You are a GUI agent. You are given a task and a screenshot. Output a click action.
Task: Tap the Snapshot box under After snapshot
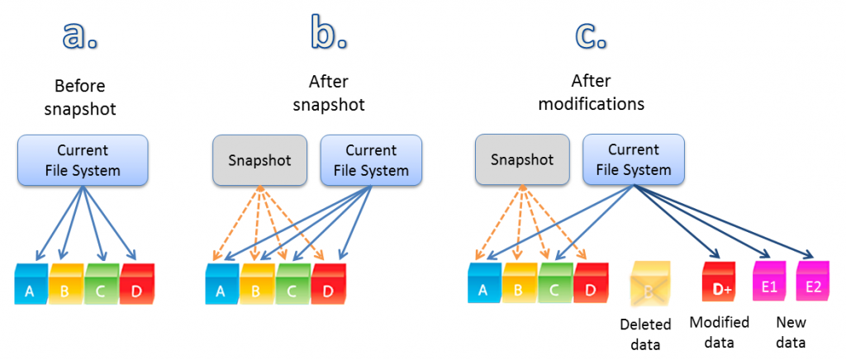point(259,160)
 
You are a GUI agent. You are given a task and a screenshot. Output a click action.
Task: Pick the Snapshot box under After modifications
point(522,160)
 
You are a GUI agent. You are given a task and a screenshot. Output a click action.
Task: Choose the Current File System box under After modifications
point(634,160)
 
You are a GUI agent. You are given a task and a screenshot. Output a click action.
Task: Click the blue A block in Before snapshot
point(31,285)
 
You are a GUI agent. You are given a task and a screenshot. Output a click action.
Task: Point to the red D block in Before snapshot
point(136,285)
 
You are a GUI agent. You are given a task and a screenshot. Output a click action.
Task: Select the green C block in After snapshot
point(292,285)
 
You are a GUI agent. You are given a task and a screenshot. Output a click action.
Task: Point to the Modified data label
point(719,332)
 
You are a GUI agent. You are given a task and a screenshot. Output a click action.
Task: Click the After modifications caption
point(607,92)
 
